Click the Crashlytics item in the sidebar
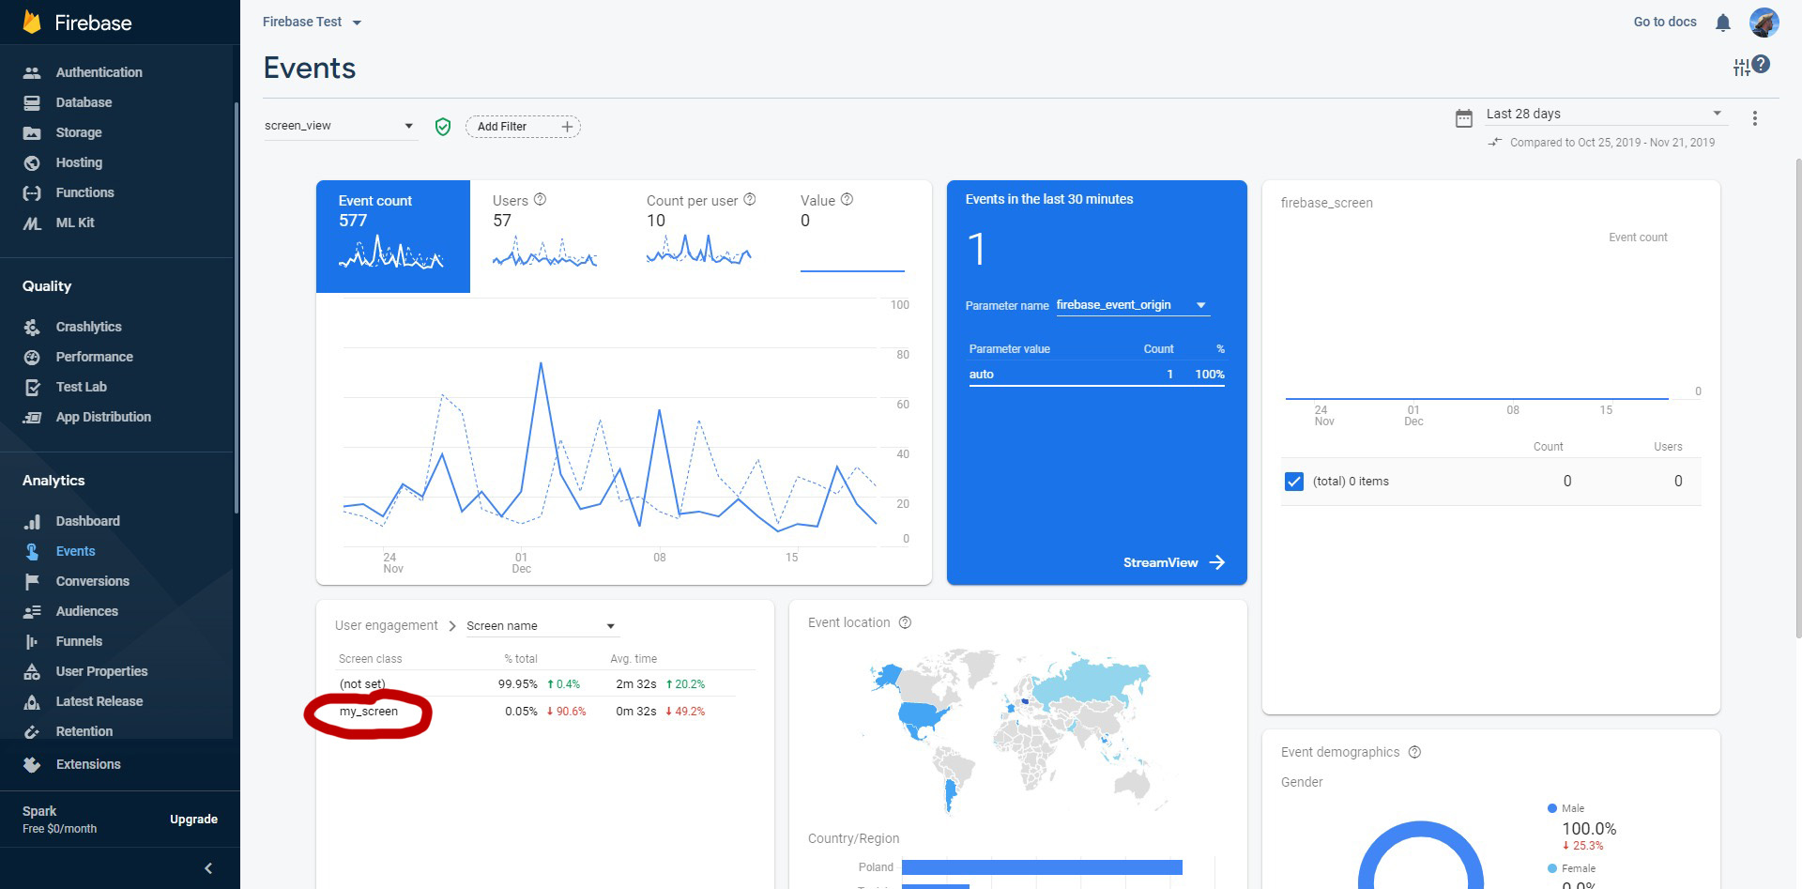[88, 327]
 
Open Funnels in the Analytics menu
[79, 641]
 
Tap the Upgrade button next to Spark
[193, 820]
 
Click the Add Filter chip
[523, 127]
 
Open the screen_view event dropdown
[340, 126]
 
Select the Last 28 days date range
[1603, 115]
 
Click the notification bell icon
[1722, 23]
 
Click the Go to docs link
[1665, 22]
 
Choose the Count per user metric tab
[700, 235]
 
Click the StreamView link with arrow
[1174, 562]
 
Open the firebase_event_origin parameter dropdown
[1132, 305]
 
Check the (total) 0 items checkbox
[1294, 482]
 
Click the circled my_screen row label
[369, 712]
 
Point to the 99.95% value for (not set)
[518, 684]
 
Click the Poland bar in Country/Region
[1042, 867]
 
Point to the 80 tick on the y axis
[903, 355]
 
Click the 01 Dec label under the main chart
[522, 563]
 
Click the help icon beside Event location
[906, 622]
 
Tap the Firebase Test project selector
[312, 22]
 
